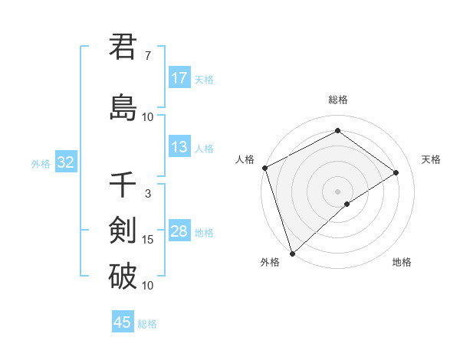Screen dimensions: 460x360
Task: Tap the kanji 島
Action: pos(123,107)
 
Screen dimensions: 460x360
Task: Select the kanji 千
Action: pos(123,185)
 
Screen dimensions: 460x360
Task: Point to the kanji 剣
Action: pos(123,231)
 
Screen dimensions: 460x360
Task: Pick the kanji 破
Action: pos(123,276)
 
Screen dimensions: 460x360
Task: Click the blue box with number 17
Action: pos(179,78)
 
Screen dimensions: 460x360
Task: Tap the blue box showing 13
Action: pos(179,147)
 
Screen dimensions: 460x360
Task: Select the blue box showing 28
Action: pos(179,231)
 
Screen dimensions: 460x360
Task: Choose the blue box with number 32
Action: pos(65,162)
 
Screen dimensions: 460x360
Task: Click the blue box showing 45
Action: pos(123,322)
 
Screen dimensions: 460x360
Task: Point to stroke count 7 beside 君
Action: pos(147,56)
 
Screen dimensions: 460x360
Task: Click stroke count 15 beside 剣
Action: pos(147,240)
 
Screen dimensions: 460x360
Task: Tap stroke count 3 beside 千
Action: pos(147,194)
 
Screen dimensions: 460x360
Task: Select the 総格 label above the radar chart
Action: pos(337,100)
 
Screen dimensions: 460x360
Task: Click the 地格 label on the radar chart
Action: pos(402,263)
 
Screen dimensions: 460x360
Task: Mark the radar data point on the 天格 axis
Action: pos(396,172)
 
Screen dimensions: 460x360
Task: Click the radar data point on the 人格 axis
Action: pos(264,168)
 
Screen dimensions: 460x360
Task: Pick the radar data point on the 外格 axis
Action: pos(291,254)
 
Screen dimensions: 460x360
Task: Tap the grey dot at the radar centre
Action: pos(337,191)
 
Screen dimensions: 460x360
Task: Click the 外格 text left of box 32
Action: pos(41,163)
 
